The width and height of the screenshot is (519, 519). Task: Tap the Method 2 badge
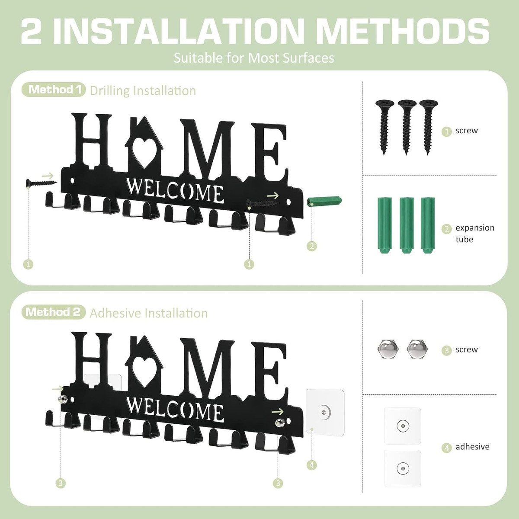coord(53,312)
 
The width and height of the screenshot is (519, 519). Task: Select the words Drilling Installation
coord(143,91)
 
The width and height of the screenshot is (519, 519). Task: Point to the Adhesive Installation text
coord(148,313)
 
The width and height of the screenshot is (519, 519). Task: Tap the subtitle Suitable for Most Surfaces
coord(254,58)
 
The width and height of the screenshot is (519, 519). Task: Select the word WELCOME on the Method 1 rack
coord(175,191)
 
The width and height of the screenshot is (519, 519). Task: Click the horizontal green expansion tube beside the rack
coord(324,202)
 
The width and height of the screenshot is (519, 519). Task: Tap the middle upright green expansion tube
coord(405,225)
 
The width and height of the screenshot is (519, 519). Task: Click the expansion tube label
coord(474,234)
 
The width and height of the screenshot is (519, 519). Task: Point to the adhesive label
coord(472,447)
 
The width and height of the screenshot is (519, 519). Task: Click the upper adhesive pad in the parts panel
coord(403,426)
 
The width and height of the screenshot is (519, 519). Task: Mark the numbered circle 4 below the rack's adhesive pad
coord(311,465)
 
